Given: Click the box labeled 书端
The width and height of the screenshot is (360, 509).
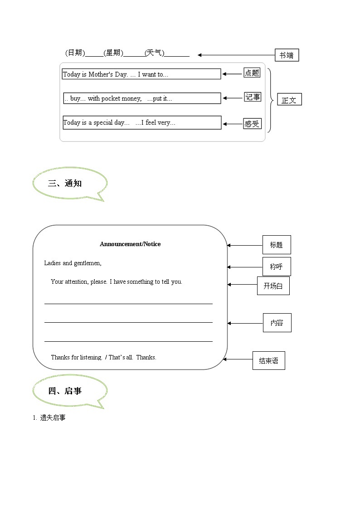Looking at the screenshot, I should pos(287,55).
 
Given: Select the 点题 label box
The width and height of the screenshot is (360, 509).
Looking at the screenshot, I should pos(252,73).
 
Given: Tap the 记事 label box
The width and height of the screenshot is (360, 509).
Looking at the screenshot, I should pos(253,97).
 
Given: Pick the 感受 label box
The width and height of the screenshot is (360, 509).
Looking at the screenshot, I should pos(252,123).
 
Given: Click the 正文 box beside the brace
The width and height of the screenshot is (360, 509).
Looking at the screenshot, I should pos(289,100).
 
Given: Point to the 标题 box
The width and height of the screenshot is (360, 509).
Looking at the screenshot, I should pos(277,245).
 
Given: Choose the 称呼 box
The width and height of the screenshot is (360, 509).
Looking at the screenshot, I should pos(277,267).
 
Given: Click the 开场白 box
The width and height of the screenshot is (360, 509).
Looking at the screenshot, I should pos(273,286).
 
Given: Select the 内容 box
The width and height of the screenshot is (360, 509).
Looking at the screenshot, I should pos(277,323).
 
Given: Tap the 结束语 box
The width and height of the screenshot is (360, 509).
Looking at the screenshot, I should pos(268,361).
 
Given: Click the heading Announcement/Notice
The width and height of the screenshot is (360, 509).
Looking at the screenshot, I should pos(130,244).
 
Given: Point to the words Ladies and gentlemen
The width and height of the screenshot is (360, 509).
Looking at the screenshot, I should pos(73,263).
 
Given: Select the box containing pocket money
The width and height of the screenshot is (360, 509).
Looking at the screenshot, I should pos(142,98).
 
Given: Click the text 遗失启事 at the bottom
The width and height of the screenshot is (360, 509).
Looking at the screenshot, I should pos(52,418).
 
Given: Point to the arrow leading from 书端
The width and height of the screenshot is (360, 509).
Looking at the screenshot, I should pos(236,55).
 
